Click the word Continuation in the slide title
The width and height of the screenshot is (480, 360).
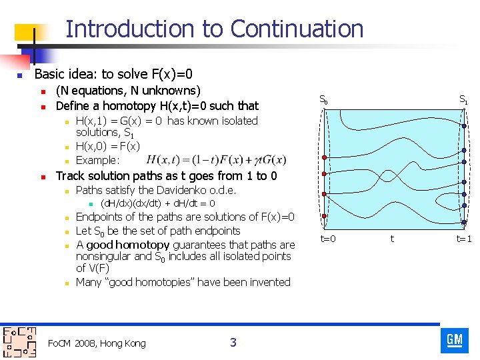tap(297, 29)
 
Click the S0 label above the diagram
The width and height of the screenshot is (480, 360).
tap(323, 101)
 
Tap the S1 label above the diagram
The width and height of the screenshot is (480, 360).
tap(463, 101)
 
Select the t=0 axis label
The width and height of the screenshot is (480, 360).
tap(327, 238)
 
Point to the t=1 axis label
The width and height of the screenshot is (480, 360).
tap(463, 238)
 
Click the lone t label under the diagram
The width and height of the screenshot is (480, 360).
tap(392, 238)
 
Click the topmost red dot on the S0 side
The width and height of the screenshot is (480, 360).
tap(324, 157)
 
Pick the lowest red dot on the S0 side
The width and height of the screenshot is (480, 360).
tap(324, 216)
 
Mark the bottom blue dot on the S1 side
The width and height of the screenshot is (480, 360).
tap(463, 223)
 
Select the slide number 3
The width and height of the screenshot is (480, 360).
tap(233, 343)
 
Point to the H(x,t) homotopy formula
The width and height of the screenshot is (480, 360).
tap(216, 160)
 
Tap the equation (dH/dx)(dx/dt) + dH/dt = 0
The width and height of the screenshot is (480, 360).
tap(157, 203)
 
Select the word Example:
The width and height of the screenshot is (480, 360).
tap(98, 160)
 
